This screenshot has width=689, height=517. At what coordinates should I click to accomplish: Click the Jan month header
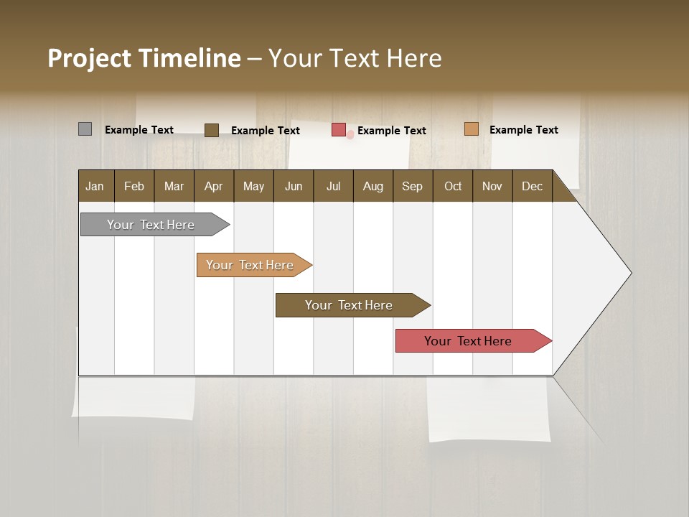[x=95, y=186]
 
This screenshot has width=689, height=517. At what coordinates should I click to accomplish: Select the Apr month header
[x=213, y=186]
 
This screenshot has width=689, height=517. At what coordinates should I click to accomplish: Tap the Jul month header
[x=333, y=186]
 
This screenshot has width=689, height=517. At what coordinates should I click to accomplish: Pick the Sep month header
[x=412, y=186]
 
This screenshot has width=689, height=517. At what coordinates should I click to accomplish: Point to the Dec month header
[x=532, y=186]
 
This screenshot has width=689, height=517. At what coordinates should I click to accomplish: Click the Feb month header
[x=134, y=186]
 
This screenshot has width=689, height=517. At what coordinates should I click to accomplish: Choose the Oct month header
[x=453, y=186]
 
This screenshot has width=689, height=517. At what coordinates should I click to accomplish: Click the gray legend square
[x=85, y=129]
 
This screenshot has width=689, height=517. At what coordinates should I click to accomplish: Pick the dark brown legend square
[x=211, y=130]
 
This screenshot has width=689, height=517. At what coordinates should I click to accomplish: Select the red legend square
[x=339, y=130]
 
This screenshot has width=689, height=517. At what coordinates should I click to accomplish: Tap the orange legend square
[x=471, y=129]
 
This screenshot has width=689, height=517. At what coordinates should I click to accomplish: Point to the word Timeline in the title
[x=189, y=58]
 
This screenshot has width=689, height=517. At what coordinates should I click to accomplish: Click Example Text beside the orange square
[x=523, y=130]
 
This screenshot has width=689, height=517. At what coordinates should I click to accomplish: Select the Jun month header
[x=294, y=186]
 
